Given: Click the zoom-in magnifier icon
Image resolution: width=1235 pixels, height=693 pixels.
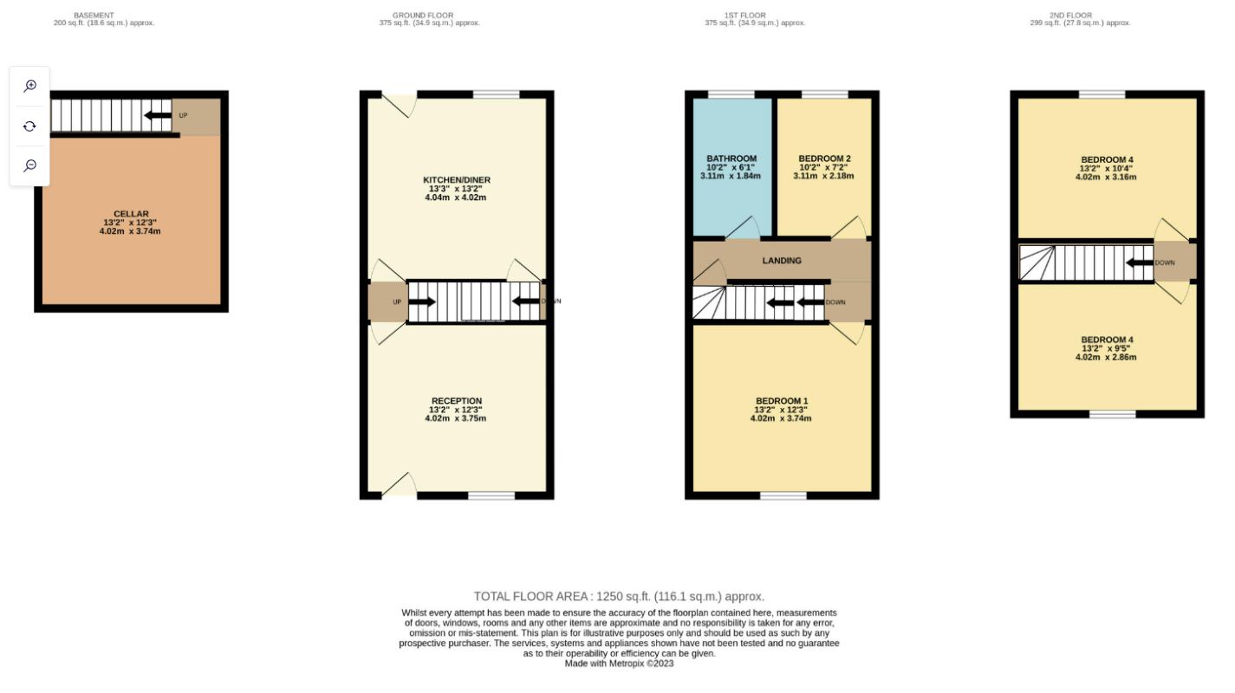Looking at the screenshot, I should [29, 86].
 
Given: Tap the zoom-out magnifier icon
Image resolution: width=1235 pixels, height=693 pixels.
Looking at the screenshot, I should [29, 165].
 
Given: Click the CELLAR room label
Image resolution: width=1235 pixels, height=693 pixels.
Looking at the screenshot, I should [131, 214].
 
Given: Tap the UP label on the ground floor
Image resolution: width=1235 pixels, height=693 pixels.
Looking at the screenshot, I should [397, 302].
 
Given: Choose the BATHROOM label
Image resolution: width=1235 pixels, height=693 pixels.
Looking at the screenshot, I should [731, 159].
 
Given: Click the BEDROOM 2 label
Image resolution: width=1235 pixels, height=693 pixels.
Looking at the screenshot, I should [823, 159].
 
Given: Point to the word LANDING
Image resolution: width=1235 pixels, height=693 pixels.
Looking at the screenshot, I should [781, 261].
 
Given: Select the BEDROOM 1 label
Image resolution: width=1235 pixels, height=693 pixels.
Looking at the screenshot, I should [781, 400].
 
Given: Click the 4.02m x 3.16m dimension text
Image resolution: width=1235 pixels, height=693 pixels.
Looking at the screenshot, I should [1106, 177].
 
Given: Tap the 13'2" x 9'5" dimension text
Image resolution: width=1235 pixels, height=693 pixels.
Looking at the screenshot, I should [1106, 348].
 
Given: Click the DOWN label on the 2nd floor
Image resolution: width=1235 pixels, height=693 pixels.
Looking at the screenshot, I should [1165, 262].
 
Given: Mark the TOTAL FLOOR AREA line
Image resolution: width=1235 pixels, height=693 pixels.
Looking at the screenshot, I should [619, 596].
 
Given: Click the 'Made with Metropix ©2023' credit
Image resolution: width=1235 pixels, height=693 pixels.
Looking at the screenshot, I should [619, 664].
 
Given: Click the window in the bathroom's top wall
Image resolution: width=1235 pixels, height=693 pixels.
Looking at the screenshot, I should [731, 94].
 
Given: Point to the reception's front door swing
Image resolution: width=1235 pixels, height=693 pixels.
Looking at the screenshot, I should [400, 485].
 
